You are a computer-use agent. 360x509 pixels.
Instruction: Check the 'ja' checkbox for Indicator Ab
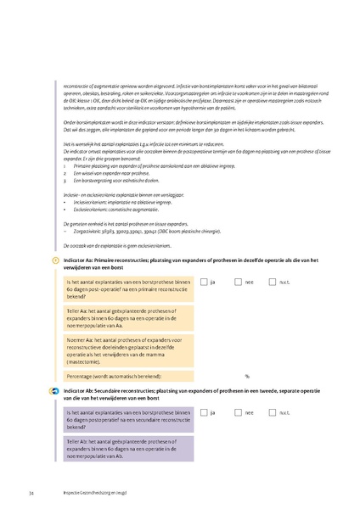[205, 411]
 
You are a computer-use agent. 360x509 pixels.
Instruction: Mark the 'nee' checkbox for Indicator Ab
[239, 411]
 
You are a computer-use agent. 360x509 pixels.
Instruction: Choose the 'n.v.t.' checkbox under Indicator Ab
[273, 411]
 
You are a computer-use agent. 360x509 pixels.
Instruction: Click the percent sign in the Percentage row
[246, 375]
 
